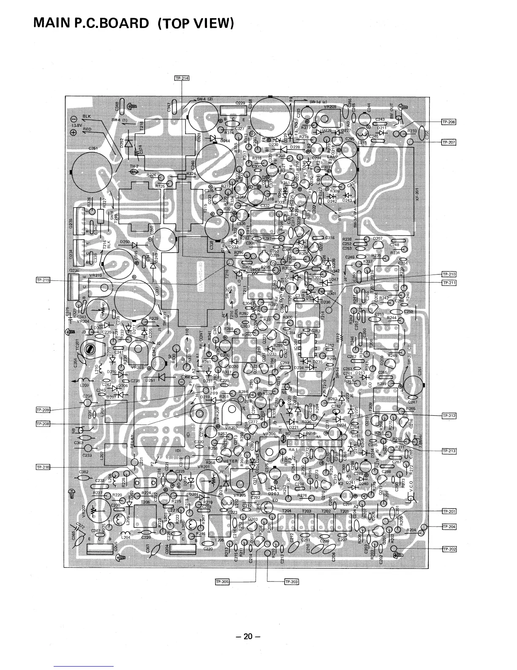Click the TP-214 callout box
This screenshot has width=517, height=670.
coord(182,78)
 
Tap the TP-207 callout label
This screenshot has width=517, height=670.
coord(449,142)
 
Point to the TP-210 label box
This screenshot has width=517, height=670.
coord(449,274)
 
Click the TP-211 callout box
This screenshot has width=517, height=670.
coord(449,282)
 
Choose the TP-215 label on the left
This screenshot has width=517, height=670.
coord(43,280)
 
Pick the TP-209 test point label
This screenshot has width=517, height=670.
coord(43,410)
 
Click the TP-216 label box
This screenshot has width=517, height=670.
coord(43,467)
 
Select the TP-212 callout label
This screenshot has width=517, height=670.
coord(449,416)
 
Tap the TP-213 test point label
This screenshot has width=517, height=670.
coord(449,451)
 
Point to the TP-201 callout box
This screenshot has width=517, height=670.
coord(449,511)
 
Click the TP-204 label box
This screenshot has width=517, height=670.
coord(449,527)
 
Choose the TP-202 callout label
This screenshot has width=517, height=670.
coord(449,549)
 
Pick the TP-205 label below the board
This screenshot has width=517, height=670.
coord(222,582)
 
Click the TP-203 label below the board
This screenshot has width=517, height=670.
coord(291,582)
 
